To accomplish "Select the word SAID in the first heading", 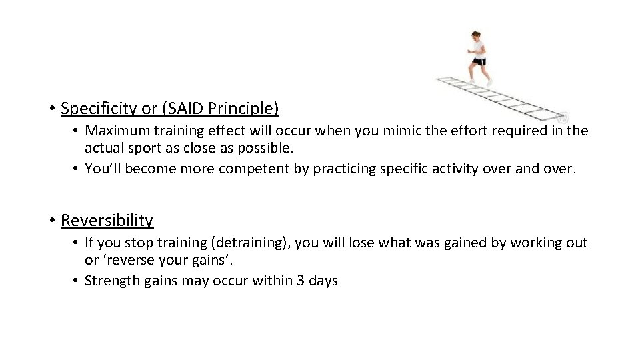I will click(x=181, y=107).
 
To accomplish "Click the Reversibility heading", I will click(x=107, y=220).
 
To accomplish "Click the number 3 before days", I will click(x=294, y=281).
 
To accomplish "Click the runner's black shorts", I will click(x=478, y=61).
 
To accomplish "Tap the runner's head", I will click(x=475, y=37).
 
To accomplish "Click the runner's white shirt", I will click(x=477, y=50).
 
